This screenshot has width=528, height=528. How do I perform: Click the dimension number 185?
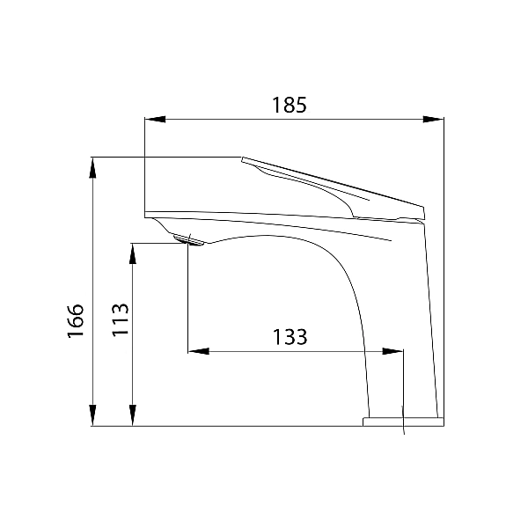click(x=289, y=105)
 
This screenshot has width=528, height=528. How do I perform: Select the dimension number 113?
click(x=121, y=319)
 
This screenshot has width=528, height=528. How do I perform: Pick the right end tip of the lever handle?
click(x=422, y=212)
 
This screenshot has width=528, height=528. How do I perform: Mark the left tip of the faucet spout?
click(x=146, y=214)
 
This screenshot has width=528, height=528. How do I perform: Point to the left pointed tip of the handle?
click(x=242, y=158)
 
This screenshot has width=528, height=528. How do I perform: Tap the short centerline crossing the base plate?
click(x=402, y=421)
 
